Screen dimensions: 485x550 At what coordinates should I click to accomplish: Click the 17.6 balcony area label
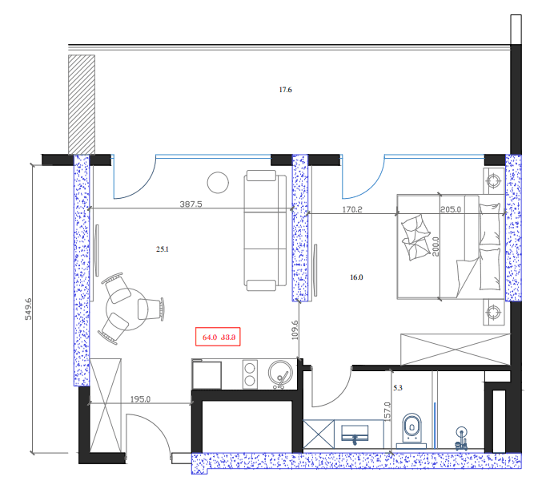click(x=285, y=90)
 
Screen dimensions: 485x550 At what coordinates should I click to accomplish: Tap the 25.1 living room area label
click(x=163, y=249)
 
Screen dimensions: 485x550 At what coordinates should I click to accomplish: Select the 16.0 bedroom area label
click(x=356, y=277)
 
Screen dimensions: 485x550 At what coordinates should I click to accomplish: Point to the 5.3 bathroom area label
click(x=398, y=389)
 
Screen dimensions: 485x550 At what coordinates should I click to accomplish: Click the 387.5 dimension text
click(x=191, y=204)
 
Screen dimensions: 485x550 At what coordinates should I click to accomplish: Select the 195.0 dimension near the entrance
click(x=142, y=398)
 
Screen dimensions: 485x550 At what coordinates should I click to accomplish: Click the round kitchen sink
click(x=281, y=373)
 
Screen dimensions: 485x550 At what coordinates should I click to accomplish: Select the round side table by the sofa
click(x=218, y=183)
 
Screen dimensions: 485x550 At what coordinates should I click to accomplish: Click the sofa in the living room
click(x=266, y=230)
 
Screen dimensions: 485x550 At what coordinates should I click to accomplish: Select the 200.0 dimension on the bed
click(x=436, y=244)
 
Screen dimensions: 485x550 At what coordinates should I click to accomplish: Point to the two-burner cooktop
click(x=249, y=374)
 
